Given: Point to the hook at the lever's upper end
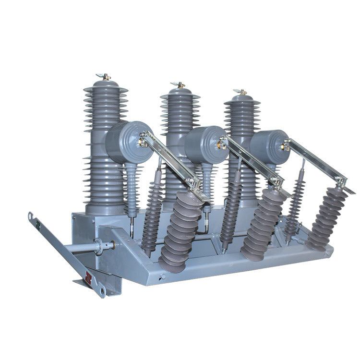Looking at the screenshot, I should [31, 215].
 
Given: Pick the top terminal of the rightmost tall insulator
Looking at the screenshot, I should [242, 92].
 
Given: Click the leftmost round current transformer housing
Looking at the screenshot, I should [126, 142].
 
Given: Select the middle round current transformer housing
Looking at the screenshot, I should [204, 145].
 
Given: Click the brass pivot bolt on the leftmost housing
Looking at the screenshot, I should [143, 142].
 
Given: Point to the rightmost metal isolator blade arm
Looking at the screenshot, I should [317, 161].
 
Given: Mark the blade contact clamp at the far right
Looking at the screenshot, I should [342, 182].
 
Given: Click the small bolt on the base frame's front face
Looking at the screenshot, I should [162, 276].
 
